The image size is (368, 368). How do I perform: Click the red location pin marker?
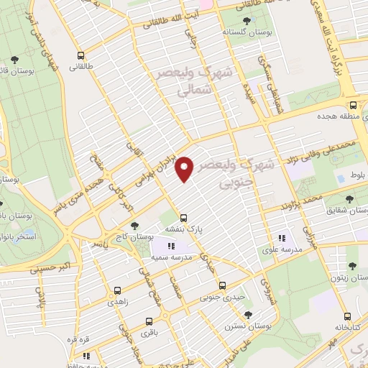pos(185,167)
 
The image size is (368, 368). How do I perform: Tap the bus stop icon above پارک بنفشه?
pos(184,217)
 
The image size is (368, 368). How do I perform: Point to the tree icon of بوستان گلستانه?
pos(247,21)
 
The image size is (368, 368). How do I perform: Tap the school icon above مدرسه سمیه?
pos(170,247)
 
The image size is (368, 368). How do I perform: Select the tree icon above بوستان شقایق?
pos(349,198)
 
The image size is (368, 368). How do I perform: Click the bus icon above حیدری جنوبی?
pos(222,285)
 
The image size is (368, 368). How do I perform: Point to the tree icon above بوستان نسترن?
pos(248,314)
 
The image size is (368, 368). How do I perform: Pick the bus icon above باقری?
pos(149,321)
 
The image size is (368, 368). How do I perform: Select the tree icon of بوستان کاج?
pos(134,226)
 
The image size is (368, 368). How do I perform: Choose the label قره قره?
pos(88,339)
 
